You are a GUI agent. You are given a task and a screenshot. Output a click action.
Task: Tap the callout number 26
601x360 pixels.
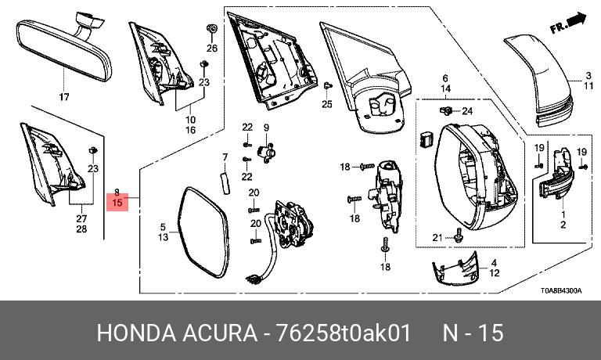pyautogui.click(x=211, y=48)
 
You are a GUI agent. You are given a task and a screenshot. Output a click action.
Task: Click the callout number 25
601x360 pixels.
pyautogui.click(x=327, y=104)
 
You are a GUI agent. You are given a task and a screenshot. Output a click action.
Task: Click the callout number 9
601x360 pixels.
pyautogui.click(x=266, y=128)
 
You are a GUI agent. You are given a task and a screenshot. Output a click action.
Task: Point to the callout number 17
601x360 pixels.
pyautogui.click(x=64, y=97)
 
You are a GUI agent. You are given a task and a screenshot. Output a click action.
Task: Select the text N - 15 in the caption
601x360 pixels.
pyautogui.click(x=473, y=333)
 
